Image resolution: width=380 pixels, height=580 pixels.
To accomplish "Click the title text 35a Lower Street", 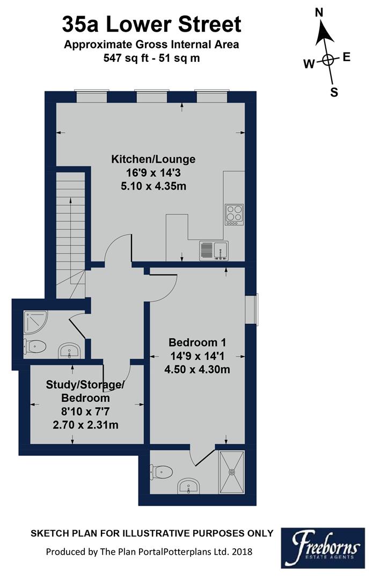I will (152, 25).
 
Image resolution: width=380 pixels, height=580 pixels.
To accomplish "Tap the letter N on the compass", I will (319, 12).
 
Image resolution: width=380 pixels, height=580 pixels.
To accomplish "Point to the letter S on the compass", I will (334, 92).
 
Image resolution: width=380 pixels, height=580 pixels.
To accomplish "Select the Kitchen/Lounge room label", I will (153, 160).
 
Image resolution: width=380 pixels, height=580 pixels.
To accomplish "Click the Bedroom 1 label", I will (198, 343).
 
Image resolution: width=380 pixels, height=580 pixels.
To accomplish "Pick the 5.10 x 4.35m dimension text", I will (153, 186).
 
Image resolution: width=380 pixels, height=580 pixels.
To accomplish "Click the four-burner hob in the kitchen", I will (234, 214).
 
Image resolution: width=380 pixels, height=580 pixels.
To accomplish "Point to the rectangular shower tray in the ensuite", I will (232, 472).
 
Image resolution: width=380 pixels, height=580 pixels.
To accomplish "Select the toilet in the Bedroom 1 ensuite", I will (163, 471).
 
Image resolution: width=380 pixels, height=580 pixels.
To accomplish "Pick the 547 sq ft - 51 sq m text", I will (152, 58).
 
